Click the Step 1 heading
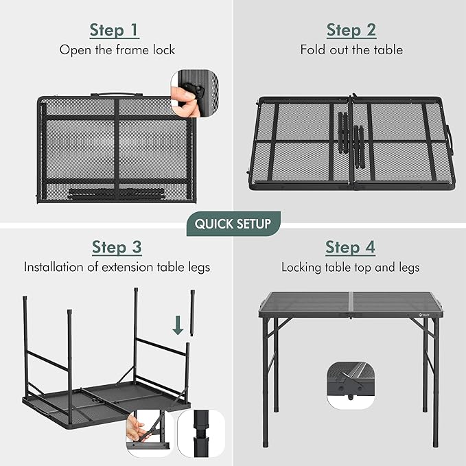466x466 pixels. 115,31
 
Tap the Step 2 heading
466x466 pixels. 351,31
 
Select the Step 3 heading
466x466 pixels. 117,248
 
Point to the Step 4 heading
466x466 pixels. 350,248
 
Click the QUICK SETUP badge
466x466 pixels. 233,224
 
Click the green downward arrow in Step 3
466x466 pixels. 178,325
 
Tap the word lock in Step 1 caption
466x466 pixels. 164,50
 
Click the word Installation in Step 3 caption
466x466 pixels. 54,267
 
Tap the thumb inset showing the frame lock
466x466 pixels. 195,94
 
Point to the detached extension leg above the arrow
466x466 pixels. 193,313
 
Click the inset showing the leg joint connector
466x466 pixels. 201,434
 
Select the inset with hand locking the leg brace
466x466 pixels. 150,434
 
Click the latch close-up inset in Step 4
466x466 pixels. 351,386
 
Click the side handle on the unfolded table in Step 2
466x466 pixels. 450,140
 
